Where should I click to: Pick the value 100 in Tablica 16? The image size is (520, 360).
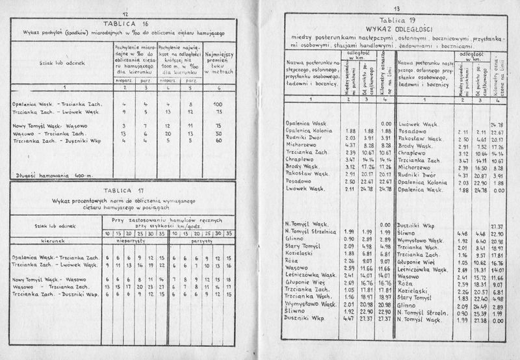[218, 104]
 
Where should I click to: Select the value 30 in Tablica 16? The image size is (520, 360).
[218, 133]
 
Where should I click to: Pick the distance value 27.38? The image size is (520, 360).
[480, 320]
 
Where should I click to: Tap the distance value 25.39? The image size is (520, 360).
[480, 313]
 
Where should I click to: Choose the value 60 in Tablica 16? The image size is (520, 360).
[218, 140]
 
